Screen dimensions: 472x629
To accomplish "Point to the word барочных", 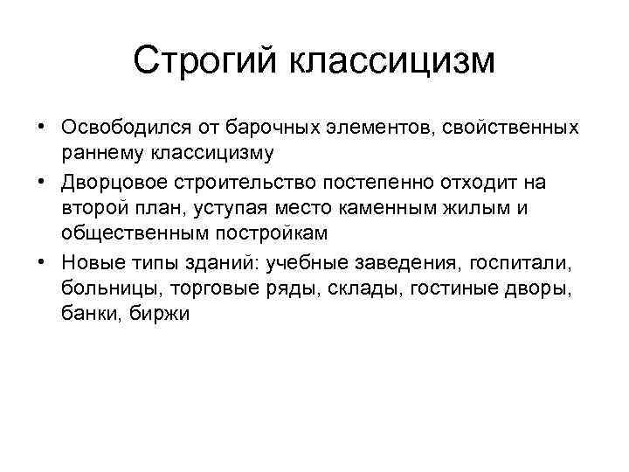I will [266, 128].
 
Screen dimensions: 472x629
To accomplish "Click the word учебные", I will [317, 262].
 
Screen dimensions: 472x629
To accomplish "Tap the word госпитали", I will [535, 262].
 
